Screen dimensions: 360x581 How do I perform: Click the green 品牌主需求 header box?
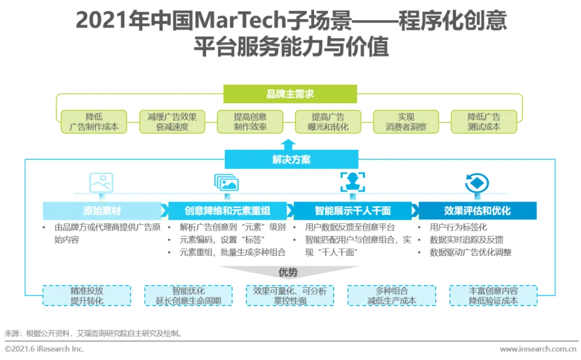(290, 94)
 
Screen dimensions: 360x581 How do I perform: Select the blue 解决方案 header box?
(291, 159)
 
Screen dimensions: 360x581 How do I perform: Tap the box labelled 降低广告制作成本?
(94, 122)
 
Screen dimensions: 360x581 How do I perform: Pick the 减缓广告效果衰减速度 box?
(172, 122)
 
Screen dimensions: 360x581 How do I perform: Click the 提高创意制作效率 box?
(250, 122)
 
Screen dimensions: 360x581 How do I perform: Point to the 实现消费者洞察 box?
(406, 122)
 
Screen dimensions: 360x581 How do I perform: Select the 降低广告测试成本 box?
(484, 122)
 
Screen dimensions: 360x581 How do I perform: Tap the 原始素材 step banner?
(102, 210)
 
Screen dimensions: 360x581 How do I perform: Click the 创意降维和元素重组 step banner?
(228, 210)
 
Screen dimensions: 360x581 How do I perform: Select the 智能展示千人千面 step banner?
(352, 210)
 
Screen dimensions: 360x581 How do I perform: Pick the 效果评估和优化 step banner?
(477, 210)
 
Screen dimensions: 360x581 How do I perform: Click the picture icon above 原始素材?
(101, 182)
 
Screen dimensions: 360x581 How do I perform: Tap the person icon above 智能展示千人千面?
(352, 182)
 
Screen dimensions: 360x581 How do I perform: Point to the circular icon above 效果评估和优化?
(477, 183)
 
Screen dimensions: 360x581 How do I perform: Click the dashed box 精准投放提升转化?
(87, 295)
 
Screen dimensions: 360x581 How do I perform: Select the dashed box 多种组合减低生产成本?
(392, 295)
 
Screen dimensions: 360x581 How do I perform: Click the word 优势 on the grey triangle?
(288, 272)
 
